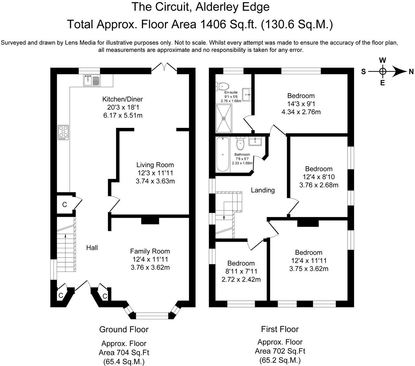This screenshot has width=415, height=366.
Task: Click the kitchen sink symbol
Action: coord(92,80)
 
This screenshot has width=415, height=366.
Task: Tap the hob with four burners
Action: coord(63,132)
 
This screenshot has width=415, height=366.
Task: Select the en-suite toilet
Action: coord(222,86)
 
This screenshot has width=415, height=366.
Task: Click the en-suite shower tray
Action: coord(224,118)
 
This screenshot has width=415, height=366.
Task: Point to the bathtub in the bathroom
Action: coord(223,154)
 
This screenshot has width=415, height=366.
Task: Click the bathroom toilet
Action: coord(240,143)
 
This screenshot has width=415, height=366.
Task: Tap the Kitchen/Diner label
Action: coord(123,99)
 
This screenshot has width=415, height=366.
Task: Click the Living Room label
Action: coord(155,165)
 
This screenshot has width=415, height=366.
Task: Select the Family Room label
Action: coord(150,251)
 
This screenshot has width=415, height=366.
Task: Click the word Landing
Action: coord(263,190)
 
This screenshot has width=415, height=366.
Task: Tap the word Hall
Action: coord(92,248)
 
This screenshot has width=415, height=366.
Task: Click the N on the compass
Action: coord(411,72)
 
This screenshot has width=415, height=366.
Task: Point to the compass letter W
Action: coord(383,60)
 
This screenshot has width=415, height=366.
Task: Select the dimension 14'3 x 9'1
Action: coord(301,104)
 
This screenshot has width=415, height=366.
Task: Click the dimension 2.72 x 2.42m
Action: coord(241,279)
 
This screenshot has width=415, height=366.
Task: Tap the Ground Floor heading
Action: coord(124,330)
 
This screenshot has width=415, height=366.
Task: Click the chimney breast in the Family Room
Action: coord(150,221)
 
